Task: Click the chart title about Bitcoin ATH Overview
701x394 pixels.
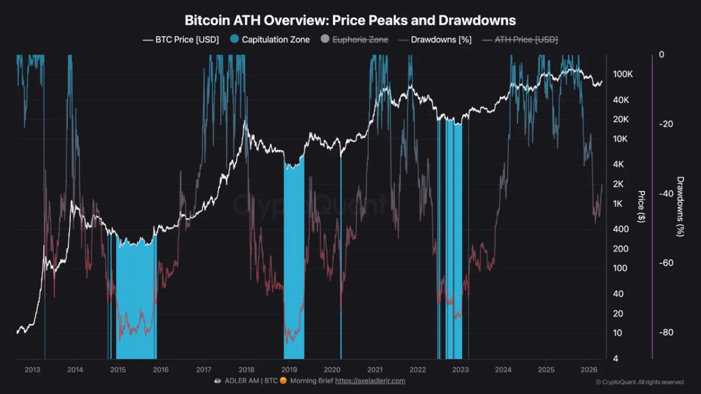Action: (x=350, y=20)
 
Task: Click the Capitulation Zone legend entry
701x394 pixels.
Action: (x=274, y=40)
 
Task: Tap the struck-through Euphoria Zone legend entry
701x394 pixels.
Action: (x=356, y=40)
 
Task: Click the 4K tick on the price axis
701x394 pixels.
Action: (x=619, y=165)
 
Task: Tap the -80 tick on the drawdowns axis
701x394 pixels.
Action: (x=665, y=333)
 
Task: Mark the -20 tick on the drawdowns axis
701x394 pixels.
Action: (x=665, y=124)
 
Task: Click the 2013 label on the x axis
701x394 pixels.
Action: (x=33, y=369)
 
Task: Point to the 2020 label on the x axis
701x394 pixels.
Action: (x=332, y=369)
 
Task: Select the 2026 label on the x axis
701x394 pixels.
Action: (x=589, y=369)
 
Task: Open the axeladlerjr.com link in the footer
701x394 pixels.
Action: (x=370, y=381)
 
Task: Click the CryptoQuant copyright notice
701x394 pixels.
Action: (x=639, y=382)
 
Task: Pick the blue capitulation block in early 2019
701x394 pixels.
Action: (x=294, y=263)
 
